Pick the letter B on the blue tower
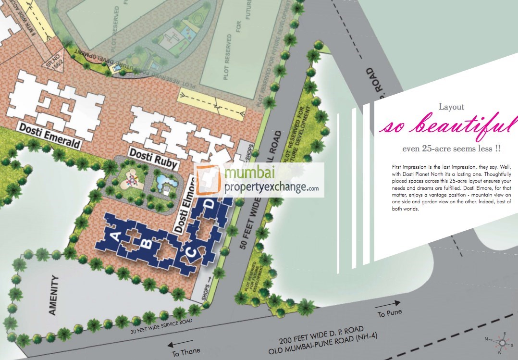pyautogui.click(x=149, y=244)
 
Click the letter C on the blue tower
pyautogui.click(x=190, y=251)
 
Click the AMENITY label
pyautogui.click(x=53, y=295)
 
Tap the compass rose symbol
pyautogui.click(x=502, y=342)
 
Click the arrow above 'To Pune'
pyautogui.click(x=388, y=304)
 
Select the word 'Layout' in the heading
pyautogui.click(x=451, y=107)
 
